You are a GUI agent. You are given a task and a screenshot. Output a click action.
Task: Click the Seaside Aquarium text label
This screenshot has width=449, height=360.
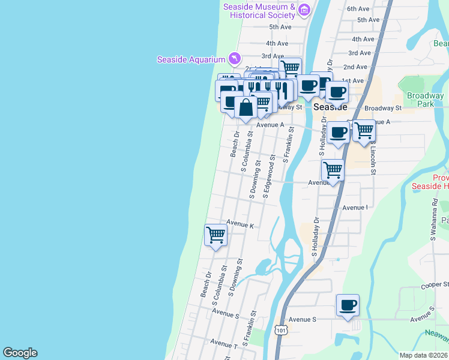tap(191, 59)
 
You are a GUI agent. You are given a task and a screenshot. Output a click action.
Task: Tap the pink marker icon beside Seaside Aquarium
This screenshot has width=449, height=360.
tap(234, 58)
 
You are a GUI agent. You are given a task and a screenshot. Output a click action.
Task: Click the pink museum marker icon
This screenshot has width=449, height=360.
tap(304, 10)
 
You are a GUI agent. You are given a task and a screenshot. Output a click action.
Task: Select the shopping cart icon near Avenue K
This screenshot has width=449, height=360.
tap(215, 234)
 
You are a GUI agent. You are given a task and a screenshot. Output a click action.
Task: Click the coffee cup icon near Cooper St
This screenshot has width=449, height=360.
tap(348, 305)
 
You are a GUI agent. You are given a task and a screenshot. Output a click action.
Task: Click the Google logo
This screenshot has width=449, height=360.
tap(20, 353)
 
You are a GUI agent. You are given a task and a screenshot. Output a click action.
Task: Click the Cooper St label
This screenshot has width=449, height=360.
tap(435, 284)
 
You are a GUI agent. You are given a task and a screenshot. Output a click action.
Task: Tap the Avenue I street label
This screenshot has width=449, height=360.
tap(355, 208)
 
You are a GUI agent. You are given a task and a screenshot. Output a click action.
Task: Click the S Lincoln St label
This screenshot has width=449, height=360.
tap(373, 158)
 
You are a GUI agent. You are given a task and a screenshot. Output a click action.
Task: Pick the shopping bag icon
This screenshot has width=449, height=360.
tap(246, 108)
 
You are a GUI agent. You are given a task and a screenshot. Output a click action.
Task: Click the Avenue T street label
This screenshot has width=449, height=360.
tap(224, 343)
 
